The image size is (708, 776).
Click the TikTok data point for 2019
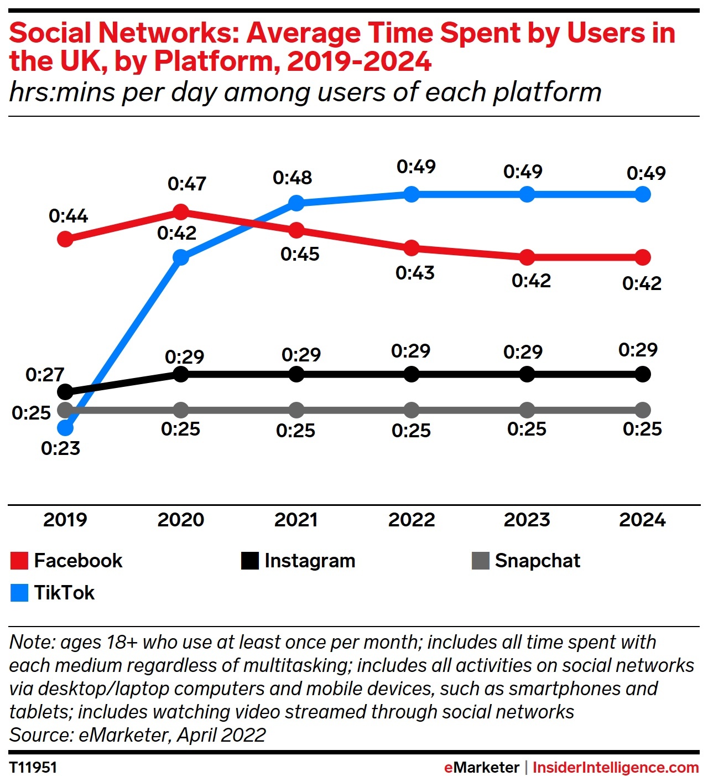click(65, 428)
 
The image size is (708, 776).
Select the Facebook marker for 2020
click(181, 211)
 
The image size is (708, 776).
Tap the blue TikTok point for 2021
click(296, 203)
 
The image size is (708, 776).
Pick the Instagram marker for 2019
click(65, 392)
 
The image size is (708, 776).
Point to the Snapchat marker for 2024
click(642, 410)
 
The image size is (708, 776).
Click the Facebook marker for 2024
click(642, 257)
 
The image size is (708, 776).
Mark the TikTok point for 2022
click(412, 194)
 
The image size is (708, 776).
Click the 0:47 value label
click(187, 184)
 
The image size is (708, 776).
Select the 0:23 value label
click(60, 448)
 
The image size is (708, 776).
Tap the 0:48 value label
click(292, 178)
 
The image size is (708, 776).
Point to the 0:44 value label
click(68, 216)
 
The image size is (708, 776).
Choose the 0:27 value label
click(45, 375)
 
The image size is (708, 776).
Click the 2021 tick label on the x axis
click(296, 520)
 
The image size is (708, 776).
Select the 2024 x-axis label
click(642, 520)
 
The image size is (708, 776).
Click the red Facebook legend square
click(19, 561)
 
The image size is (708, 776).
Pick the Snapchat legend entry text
click(537, 561)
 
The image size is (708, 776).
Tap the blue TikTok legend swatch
click(19, 593)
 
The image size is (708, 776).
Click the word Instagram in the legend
click(310, 561)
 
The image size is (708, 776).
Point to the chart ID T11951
click(33, 767)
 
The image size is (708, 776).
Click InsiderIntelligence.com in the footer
click(615, 767)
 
